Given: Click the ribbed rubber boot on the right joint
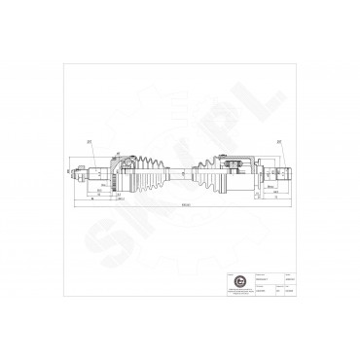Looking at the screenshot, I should pyautogui.click(x=208, y=173).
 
